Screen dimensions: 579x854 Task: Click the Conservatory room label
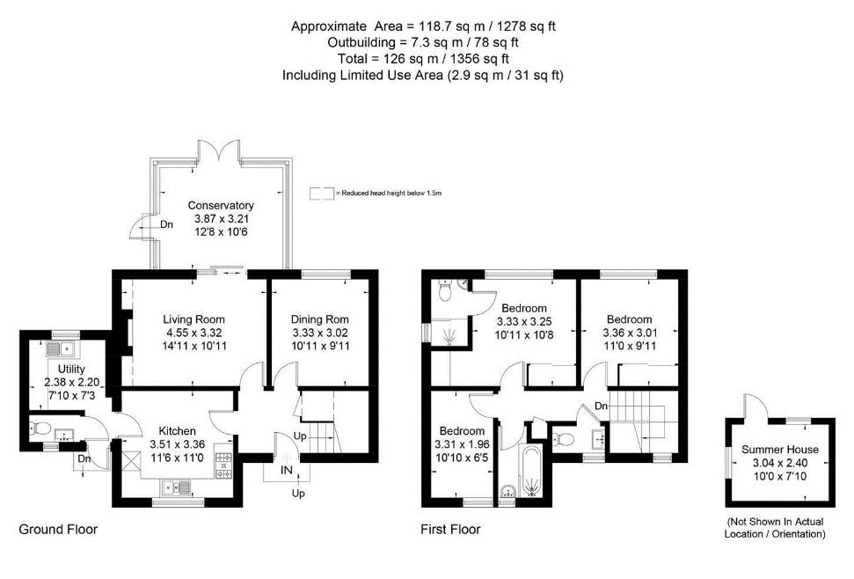click(x=222, y=206)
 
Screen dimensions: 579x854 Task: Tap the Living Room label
click(x=193, y=319)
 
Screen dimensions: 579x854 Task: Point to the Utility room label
click(x=71, y=368)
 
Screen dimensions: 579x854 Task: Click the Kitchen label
click(x=178, y=430)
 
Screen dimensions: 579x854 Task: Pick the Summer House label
click(x=779, y=450)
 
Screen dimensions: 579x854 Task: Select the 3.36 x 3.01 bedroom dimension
click(x=629, y=333)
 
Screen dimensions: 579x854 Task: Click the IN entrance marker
click(x=287, y=472)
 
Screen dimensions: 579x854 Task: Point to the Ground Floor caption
click(x=58, y=529)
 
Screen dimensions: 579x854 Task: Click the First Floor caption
click(x=451, y=529)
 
